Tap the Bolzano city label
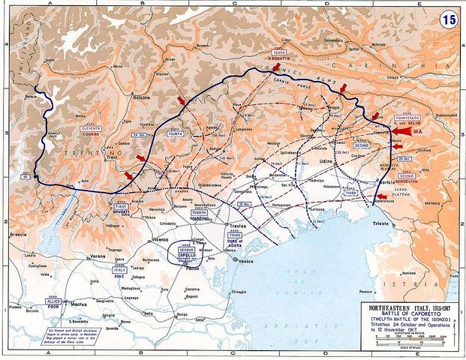coord(143,98)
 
